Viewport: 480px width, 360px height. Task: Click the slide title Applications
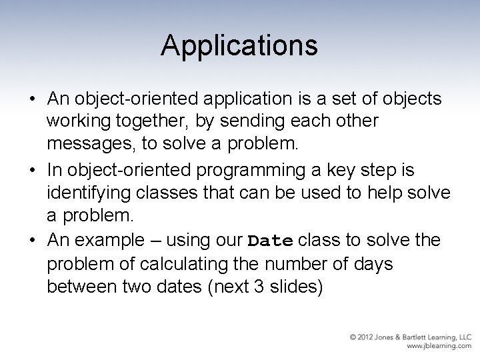[x=239, y=45]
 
